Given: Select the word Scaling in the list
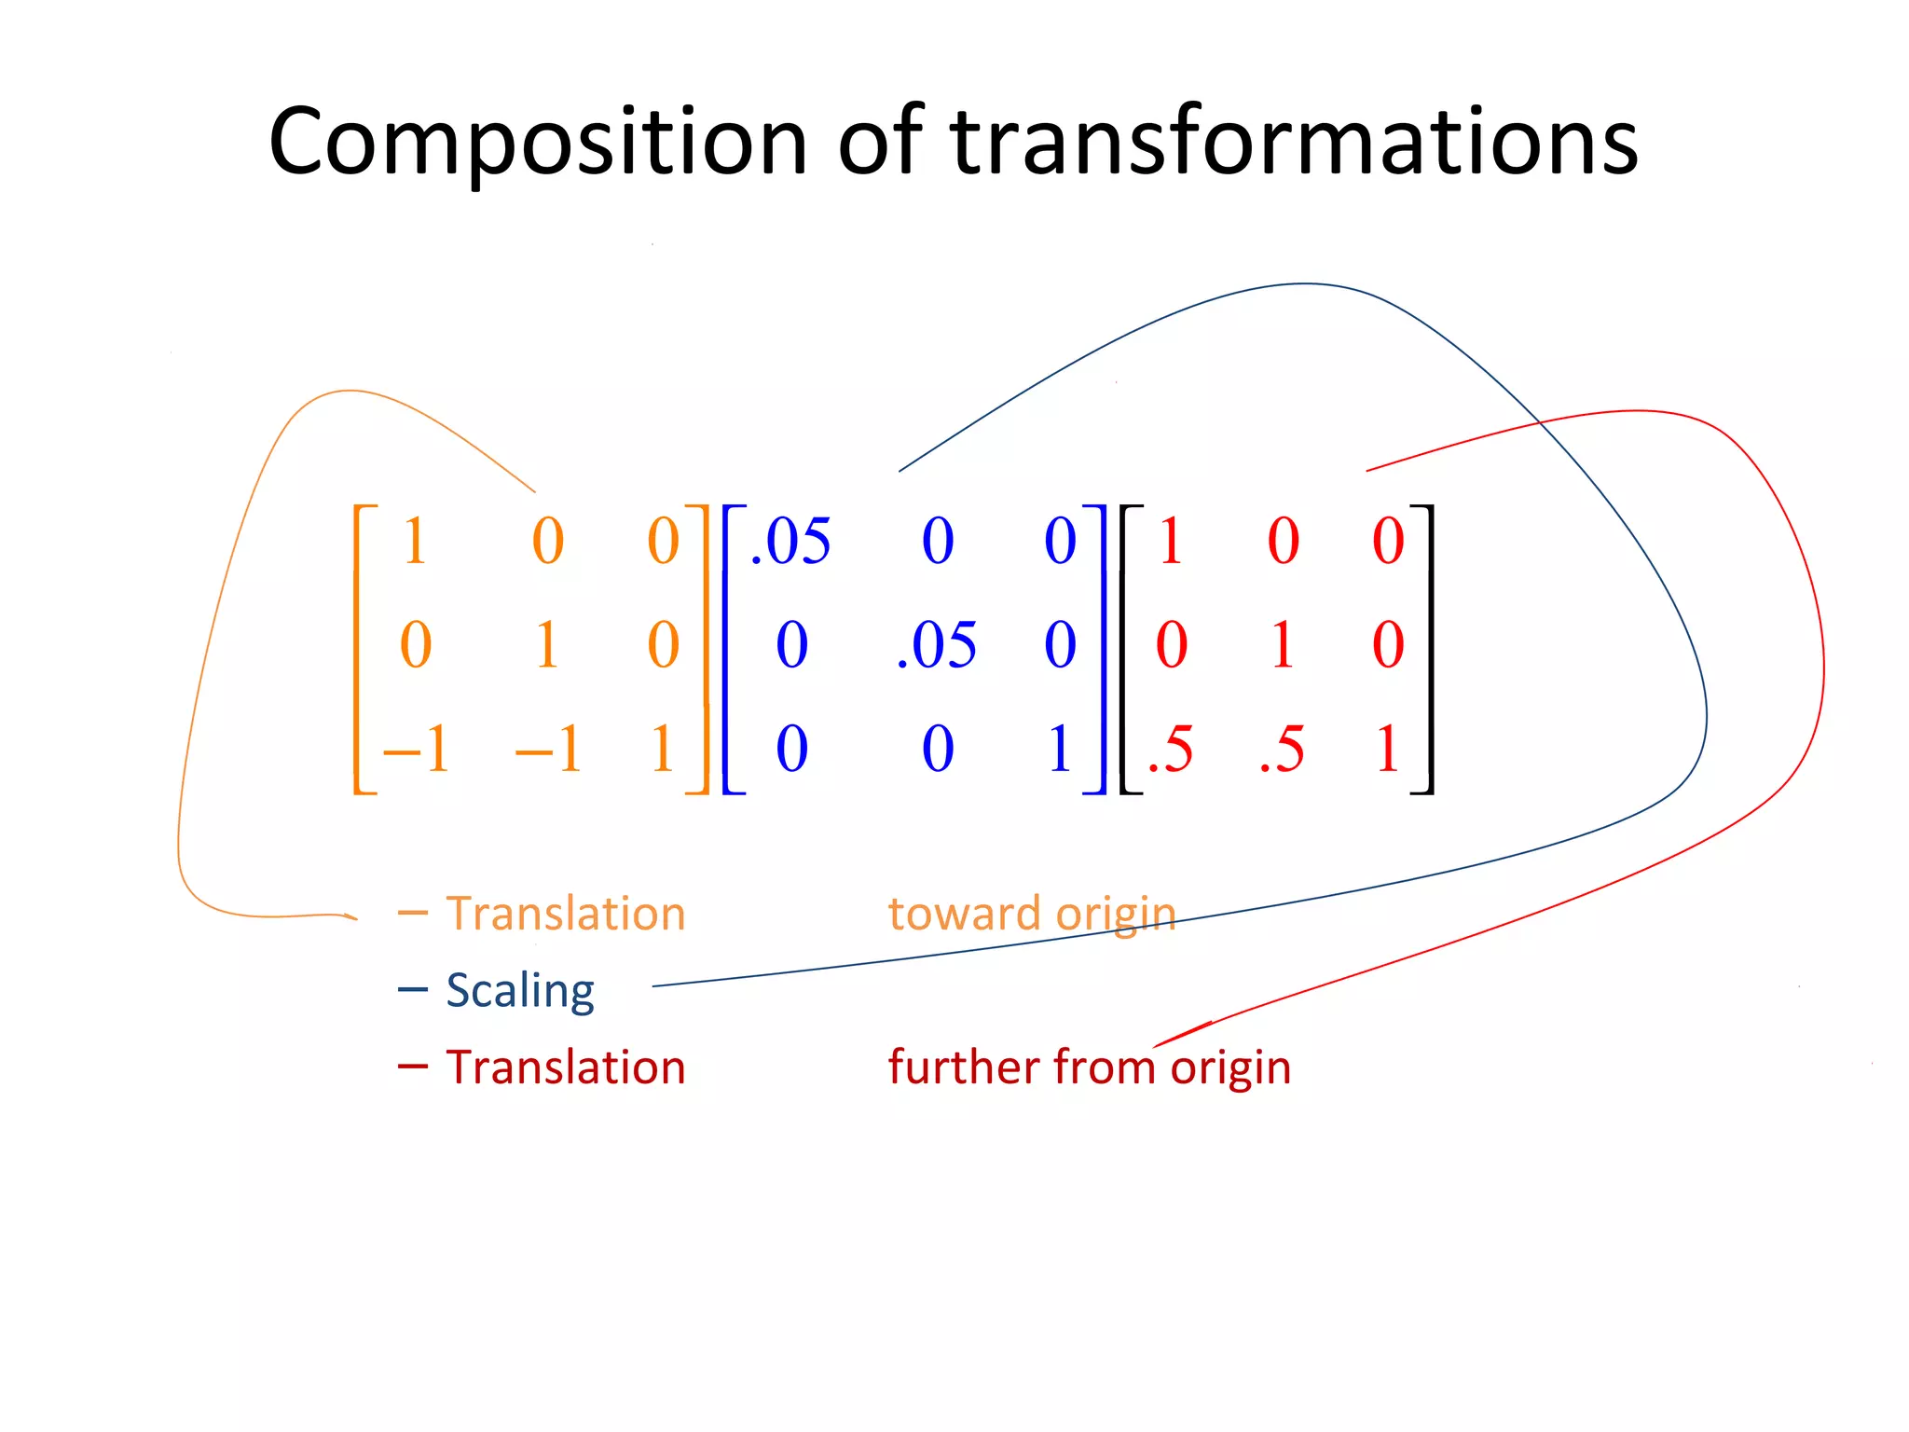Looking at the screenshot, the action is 520,990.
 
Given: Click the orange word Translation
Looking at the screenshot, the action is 566,913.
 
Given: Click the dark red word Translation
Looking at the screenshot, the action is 566,1067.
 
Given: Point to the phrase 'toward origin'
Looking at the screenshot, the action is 1031,914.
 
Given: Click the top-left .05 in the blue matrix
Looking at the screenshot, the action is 790,541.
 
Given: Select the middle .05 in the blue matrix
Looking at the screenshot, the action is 936,645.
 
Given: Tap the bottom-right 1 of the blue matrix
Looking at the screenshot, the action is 1059,749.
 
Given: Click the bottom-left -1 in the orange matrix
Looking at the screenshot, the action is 416,749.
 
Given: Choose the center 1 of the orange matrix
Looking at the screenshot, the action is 547,645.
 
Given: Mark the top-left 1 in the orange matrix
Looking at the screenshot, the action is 415,541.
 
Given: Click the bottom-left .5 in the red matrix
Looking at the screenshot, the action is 1170,749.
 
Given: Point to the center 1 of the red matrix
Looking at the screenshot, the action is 1283,645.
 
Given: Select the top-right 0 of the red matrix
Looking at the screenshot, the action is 1388,541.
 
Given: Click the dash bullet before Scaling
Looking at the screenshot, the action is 412,989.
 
